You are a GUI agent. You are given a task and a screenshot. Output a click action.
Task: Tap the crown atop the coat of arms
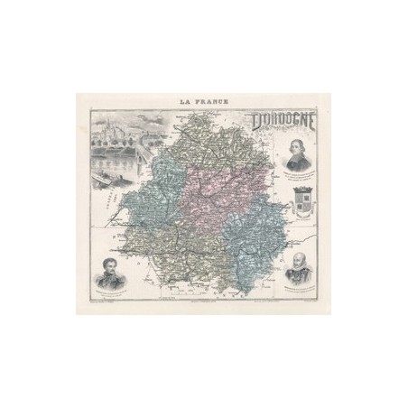[x=302, y=188]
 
